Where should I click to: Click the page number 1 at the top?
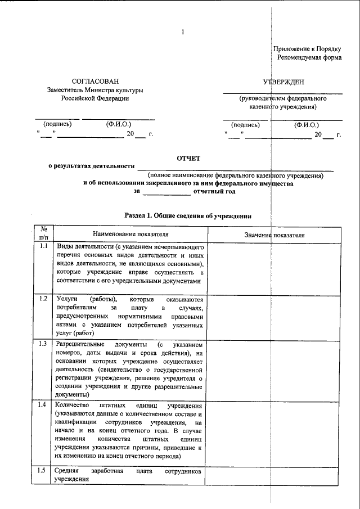tap(182, 31)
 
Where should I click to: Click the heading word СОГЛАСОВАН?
tap(95, 82)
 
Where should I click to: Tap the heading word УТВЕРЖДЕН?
tap(283, 82)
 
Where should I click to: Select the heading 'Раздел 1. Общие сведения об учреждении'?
tap(187, 216)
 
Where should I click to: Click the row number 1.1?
tap(44, 247)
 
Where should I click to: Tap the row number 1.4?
tap(44, 405)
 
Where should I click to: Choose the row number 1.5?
tap(44, 470)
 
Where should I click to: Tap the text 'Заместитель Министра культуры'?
tap(95, 90)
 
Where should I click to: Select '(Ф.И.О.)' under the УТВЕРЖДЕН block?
tap(306, 125)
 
